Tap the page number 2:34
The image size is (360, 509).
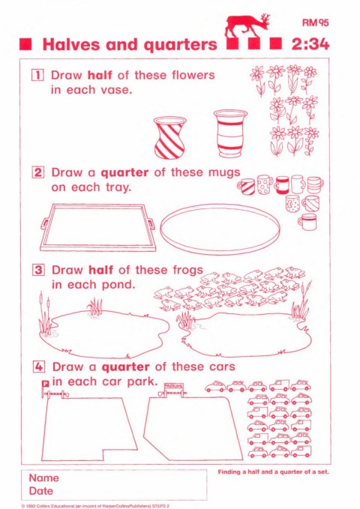(310, 44)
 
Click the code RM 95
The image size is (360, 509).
(315, 22)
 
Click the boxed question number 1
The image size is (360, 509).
(37, 75)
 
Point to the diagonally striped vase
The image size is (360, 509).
(169, 138)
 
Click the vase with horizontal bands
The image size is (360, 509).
(230, 133)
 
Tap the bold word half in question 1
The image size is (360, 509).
(100, 75)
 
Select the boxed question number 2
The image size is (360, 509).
(38, 172)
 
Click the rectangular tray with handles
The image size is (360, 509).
(97, 227)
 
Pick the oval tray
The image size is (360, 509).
(220, 229)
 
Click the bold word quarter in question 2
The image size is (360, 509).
(124, 173)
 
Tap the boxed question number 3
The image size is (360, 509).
(38, 270)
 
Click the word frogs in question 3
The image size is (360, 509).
(185, 271)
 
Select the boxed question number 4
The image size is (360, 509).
(39, 367)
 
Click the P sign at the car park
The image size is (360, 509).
(46, 384)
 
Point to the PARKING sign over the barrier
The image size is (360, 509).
(174, 386)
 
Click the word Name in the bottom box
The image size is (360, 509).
(43, 478)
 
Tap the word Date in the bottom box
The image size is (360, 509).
(41, 490)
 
